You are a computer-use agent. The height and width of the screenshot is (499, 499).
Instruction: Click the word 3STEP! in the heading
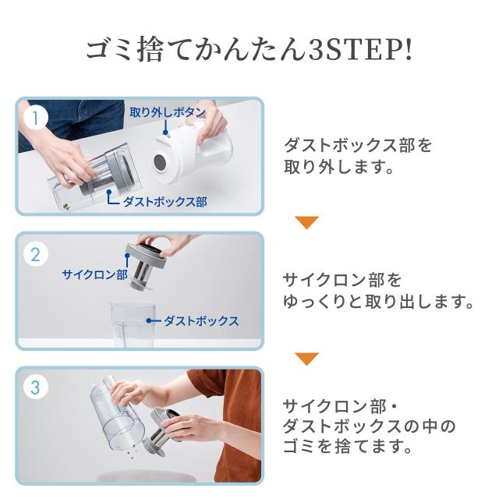[360, 50]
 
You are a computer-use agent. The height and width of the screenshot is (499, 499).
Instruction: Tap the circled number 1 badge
[35, 118]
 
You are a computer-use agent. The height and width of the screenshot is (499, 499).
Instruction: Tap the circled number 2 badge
[35, 254]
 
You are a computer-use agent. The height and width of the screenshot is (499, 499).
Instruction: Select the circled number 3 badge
[35, 388]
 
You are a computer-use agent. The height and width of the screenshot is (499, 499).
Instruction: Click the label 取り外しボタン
[168, 112]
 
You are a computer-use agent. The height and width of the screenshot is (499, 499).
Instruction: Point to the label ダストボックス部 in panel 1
[165, 202]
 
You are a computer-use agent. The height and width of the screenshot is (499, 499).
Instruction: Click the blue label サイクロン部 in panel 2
[95, 274]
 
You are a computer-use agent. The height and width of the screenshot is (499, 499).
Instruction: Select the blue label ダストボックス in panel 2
[201, 320]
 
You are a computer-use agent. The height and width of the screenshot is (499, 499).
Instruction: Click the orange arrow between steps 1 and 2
[306, 222]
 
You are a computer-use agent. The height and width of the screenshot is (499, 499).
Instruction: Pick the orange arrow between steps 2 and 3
[306, 359]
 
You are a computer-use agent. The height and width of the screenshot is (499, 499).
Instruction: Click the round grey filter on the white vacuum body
[160, 161]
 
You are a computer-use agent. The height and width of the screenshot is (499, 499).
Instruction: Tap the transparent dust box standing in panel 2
[133, 324]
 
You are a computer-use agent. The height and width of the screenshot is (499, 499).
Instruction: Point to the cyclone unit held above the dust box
[146, 265]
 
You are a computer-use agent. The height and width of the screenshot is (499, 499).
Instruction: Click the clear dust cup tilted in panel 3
[113, 414]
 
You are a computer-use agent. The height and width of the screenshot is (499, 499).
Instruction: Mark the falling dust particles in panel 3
[132, 453]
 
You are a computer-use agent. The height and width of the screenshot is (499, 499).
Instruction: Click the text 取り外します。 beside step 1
[339, 166]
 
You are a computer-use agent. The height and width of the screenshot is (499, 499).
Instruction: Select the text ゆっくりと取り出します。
[378, 302]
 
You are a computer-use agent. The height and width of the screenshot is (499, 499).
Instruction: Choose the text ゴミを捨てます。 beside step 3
[348, 446]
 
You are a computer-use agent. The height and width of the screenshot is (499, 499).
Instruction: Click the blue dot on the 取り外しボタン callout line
[165, 132]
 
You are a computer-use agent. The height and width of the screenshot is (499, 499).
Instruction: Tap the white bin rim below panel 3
[147, 476]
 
